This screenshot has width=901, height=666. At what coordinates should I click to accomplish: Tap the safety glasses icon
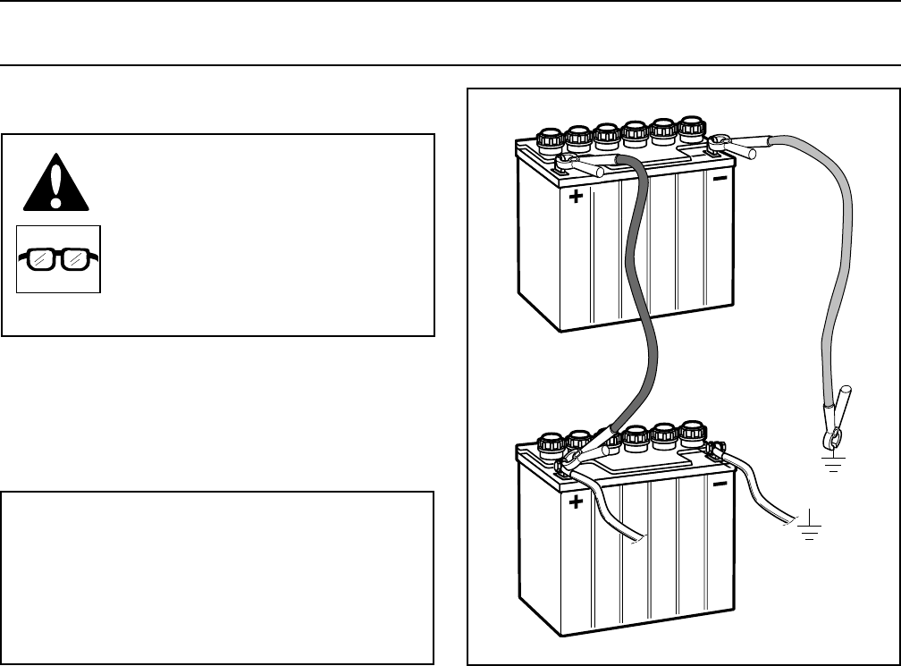pos(58,259)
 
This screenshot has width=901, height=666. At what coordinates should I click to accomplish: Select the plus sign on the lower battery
pos(577,502)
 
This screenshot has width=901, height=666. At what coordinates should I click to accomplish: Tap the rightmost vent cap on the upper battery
pos(692,127)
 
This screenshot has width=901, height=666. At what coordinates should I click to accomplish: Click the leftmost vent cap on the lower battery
pos(547,442)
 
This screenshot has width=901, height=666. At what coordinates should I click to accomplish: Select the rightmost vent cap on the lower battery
pos(692,431)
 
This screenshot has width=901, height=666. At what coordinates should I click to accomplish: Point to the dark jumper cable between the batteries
pos(649,295)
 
